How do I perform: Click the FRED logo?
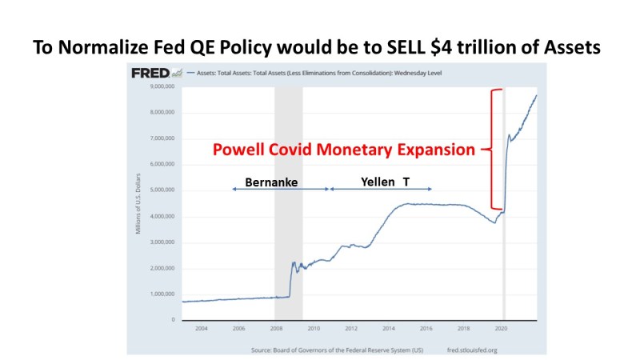[151, 74]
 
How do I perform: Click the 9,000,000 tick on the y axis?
[161, 86]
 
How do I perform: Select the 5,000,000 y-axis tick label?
[161, 190]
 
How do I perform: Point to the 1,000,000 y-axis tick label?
[161, 294]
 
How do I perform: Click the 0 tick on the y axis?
[171, 319]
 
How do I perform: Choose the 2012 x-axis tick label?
[351, 328]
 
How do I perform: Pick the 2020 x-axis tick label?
[502, 328]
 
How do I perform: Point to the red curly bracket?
[495, 149]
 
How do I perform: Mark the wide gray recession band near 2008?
[288, 200]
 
